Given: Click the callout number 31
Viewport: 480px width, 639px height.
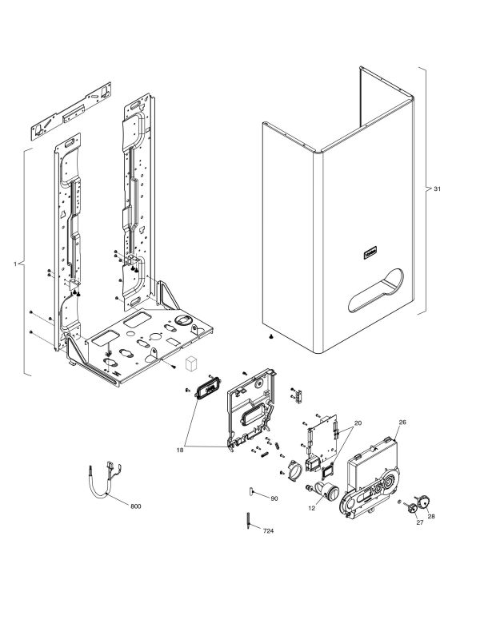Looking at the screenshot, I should point(437,189).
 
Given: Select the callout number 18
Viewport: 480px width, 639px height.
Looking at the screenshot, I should point(180,450).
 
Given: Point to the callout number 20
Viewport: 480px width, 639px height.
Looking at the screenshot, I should point(358,422).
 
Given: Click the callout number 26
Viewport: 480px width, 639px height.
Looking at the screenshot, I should point(402,421).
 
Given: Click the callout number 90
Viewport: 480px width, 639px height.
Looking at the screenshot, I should point(274,498).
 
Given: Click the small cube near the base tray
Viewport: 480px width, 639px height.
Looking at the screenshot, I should point(191,364).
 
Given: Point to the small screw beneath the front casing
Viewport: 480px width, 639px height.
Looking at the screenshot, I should point(274,339).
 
